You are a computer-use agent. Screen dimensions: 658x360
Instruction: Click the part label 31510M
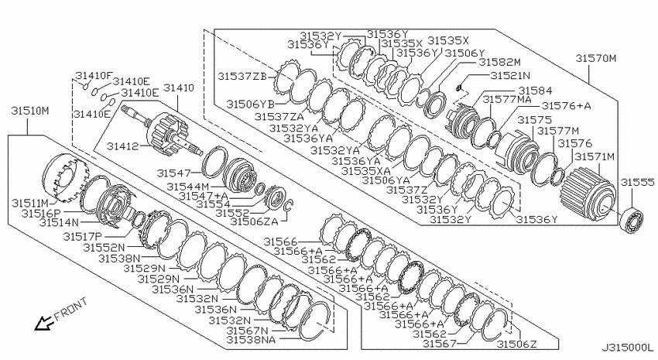pos(29,111)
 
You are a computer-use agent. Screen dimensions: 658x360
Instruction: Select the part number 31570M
pos(596,58)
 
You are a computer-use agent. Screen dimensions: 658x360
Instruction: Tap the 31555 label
pos(637,182)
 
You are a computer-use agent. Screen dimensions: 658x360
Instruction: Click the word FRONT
pos(71,308)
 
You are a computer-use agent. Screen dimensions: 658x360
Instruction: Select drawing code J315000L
pos(628,348)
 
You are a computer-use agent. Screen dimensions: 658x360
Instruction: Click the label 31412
pos(122,146)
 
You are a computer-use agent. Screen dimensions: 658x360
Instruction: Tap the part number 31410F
pos(94,76)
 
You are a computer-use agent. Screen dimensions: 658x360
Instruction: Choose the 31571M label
pos(595,157)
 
